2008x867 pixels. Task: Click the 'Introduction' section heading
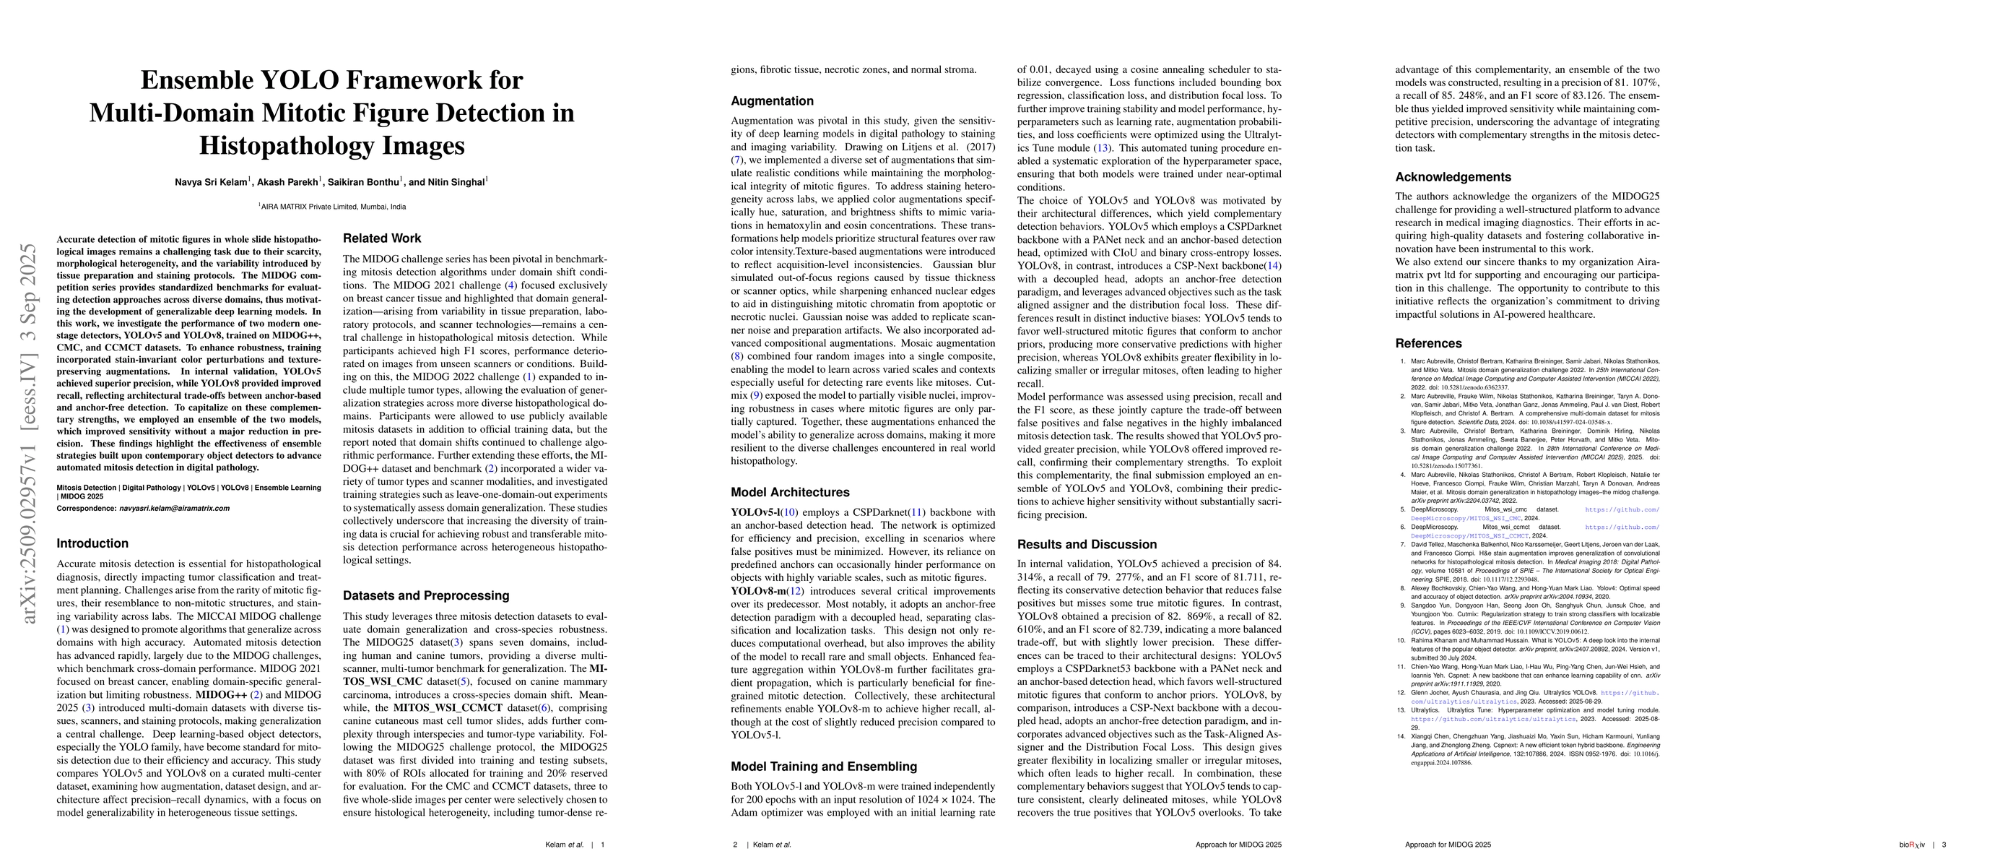click(x=92, y=543)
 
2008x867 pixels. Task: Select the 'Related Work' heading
click(x=382, y=238)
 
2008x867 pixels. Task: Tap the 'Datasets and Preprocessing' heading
click(x=425, y=595)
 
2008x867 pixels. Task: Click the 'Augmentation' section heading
click(x=772, y=101)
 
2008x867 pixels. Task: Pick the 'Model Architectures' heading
click(x=790, y=493)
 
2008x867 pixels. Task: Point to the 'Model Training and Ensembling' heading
click(x=823, y=767)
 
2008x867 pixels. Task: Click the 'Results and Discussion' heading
click(x=1087, y=544)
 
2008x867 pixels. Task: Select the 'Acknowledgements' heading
click(x=1453, y=177)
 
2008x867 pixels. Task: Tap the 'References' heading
click(x=1428, y=343)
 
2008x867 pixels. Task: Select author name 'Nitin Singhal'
click(x=456, y=183)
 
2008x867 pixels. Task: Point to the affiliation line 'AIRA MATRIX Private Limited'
click(x=333, y=207)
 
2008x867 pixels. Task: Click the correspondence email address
click(x=174, y=509)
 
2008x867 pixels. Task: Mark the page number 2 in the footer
click(x=735, y=845)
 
